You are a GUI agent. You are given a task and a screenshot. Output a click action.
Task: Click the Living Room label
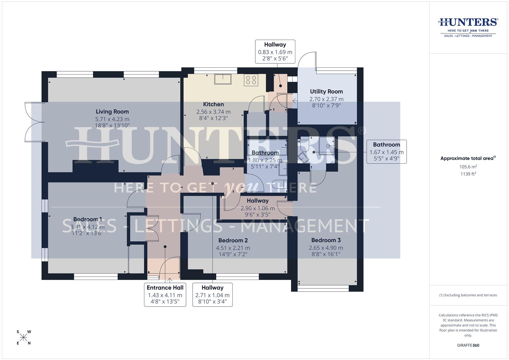[112, 112]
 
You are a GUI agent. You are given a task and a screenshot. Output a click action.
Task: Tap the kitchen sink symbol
[223, 79]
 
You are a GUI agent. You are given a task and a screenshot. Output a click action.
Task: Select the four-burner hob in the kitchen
[251, 80]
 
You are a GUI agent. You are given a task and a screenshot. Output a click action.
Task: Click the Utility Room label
[326, 91]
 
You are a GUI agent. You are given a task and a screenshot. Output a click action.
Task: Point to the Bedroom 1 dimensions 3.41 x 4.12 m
[87, 227]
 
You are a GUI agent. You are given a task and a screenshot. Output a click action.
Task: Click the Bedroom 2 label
[233, 240]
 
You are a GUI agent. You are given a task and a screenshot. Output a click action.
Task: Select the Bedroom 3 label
[326, 240]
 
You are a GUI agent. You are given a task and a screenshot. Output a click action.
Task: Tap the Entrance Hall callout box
[165, 295]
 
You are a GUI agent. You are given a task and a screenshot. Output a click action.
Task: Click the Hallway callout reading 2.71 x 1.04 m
[212, 295]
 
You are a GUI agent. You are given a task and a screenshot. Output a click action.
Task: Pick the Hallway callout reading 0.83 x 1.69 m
[275, 52]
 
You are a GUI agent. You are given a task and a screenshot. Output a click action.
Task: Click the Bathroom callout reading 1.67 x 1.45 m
[386, 152]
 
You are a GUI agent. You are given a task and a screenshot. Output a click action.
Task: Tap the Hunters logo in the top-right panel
[468, 27]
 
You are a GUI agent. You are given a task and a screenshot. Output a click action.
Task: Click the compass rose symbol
[24, 338]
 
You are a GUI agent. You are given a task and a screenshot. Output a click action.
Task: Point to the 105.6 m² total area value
[468, 167]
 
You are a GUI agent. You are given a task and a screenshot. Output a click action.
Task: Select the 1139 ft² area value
[468, 174]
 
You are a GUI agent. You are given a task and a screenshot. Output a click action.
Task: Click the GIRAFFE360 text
[468, 345]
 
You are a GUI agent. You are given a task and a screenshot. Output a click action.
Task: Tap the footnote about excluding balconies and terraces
[468, 295]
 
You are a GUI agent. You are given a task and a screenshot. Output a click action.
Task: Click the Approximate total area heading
[468, 158]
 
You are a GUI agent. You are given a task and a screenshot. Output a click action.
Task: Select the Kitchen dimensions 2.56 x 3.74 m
[213, 112]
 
